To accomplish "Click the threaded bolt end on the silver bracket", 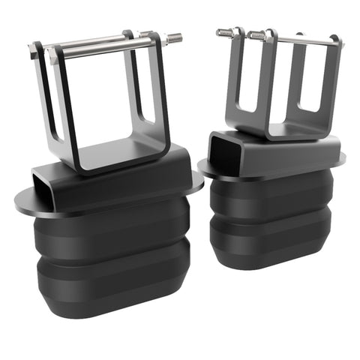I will tap(174, 37).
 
